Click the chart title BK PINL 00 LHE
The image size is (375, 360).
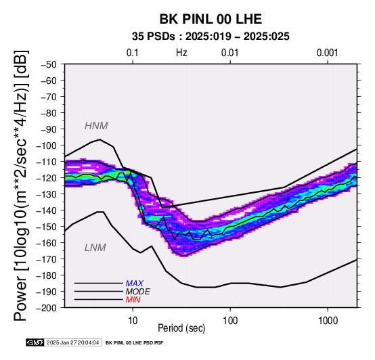(211, 19)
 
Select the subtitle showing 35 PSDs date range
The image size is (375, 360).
(211, 37)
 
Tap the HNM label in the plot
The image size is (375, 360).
(96, 126)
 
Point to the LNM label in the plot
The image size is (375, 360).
(95, 248)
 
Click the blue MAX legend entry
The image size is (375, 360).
(135, 284)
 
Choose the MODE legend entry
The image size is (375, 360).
(138, 292)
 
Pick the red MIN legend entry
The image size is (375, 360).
(133, 300)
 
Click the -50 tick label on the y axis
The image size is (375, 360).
(49, 64)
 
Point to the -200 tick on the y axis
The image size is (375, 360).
(47, 308)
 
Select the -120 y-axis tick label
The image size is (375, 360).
(47, 178)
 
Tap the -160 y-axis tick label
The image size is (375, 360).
(47, 243)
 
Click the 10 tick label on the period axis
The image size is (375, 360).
(133, 321)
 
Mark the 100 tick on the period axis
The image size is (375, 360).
(230, 321)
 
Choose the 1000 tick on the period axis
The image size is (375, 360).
(328, 321)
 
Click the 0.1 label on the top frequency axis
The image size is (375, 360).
(133, 53)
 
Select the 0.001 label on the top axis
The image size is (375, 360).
(328, 53)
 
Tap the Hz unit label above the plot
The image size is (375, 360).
(181, 53)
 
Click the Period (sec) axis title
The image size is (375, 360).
(181, 328)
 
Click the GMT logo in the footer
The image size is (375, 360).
(35, 342)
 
